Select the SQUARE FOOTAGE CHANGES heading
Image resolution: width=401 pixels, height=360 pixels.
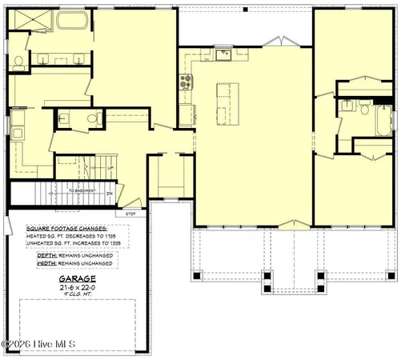[x=66, y=228]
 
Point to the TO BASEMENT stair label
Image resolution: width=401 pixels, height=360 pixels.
[x=83, y=190]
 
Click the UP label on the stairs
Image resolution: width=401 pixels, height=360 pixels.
[x=110, y=168]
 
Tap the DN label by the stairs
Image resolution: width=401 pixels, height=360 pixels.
[x=110, y=193]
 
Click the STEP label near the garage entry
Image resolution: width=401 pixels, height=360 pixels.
[x=130, y=214]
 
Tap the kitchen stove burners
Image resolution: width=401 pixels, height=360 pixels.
[x=186, y=81]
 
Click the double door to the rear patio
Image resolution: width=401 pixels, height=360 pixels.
[x=275, y=41]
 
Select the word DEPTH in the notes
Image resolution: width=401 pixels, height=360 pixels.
[x=37, y=254]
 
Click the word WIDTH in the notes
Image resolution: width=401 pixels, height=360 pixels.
[x=37, y=262]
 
